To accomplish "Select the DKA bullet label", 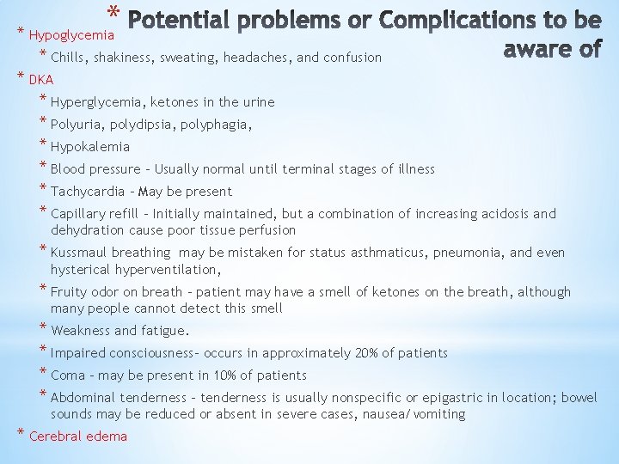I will point(41,80).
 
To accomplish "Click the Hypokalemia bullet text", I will point(90,147).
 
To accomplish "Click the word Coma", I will point(68,375).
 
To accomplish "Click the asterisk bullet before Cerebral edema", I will point(21,433).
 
